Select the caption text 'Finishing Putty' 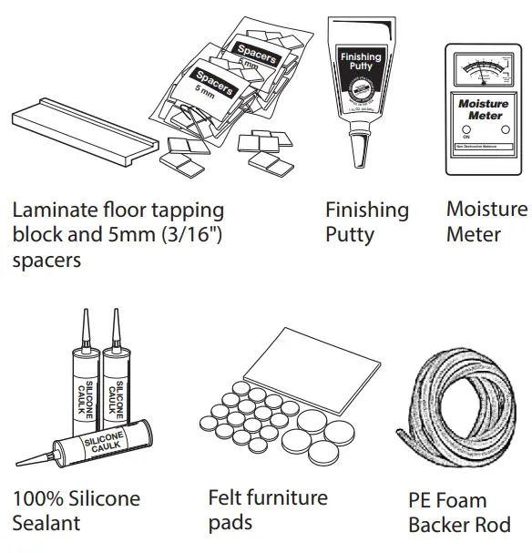[x=367, y=221]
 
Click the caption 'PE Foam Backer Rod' [x=459, y=512]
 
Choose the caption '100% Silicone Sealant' [x=77, y=510]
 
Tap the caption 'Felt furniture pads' [x=267, y=509]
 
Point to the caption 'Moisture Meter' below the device [x=486, y=221]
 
